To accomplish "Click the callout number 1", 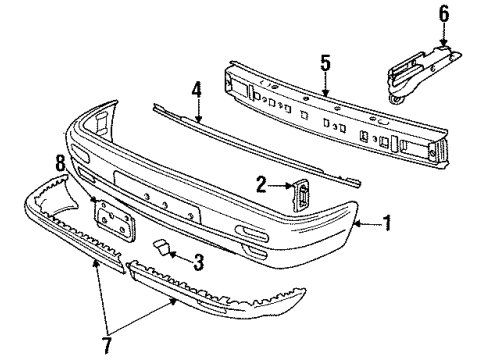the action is (x=387, y=223).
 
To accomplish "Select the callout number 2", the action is (x=262, y=184).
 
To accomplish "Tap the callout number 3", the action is (x=199, y=262).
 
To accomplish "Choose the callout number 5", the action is (x=326, y=63).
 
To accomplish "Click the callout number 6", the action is (x=444, y=14).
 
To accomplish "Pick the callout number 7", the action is (x=107, y=346).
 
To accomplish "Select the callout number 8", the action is (x=61, y=164).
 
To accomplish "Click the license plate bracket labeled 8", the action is (x=115, y=219).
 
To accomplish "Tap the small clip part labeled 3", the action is (x=161, y=248).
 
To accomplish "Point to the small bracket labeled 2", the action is (x=300, y=195).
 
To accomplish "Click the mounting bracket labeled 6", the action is (x=422, y=75).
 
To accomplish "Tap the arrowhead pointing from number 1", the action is (x=357, y=224).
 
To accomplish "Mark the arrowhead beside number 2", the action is (x=289, y=185).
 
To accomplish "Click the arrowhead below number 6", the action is (x=443, y=42).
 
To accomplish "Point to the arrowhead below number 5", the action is (x=326, y=93).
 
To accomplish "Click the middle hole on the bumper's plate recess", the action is (x=165, y=204).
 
